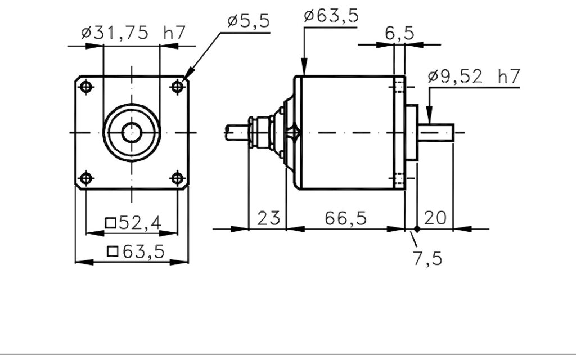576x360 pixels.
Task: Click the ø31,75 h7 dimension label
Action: [x=133, y=33]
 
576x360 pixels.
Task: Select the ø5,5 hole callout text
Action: [x=249, y=21]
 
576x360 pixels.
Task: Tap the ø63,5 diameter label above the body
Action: [x=331, y=16]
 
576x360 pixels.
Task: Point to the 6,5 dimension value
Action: [x=399, y=33]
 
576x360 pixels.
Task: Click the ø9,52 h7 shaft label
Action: [x=474, y=76]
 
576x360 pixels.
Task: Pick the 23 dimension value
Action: [x=268, y=218]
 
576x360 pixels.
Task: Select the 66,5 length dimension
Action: [x=346, y=218]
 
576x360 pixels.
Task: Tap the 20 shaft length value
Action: [x=435, y=218]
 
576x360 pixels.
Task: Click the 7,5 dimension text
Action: [x=427, y=258]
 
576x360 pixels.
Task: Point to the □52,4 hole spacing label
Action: [x=133, y=223]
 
